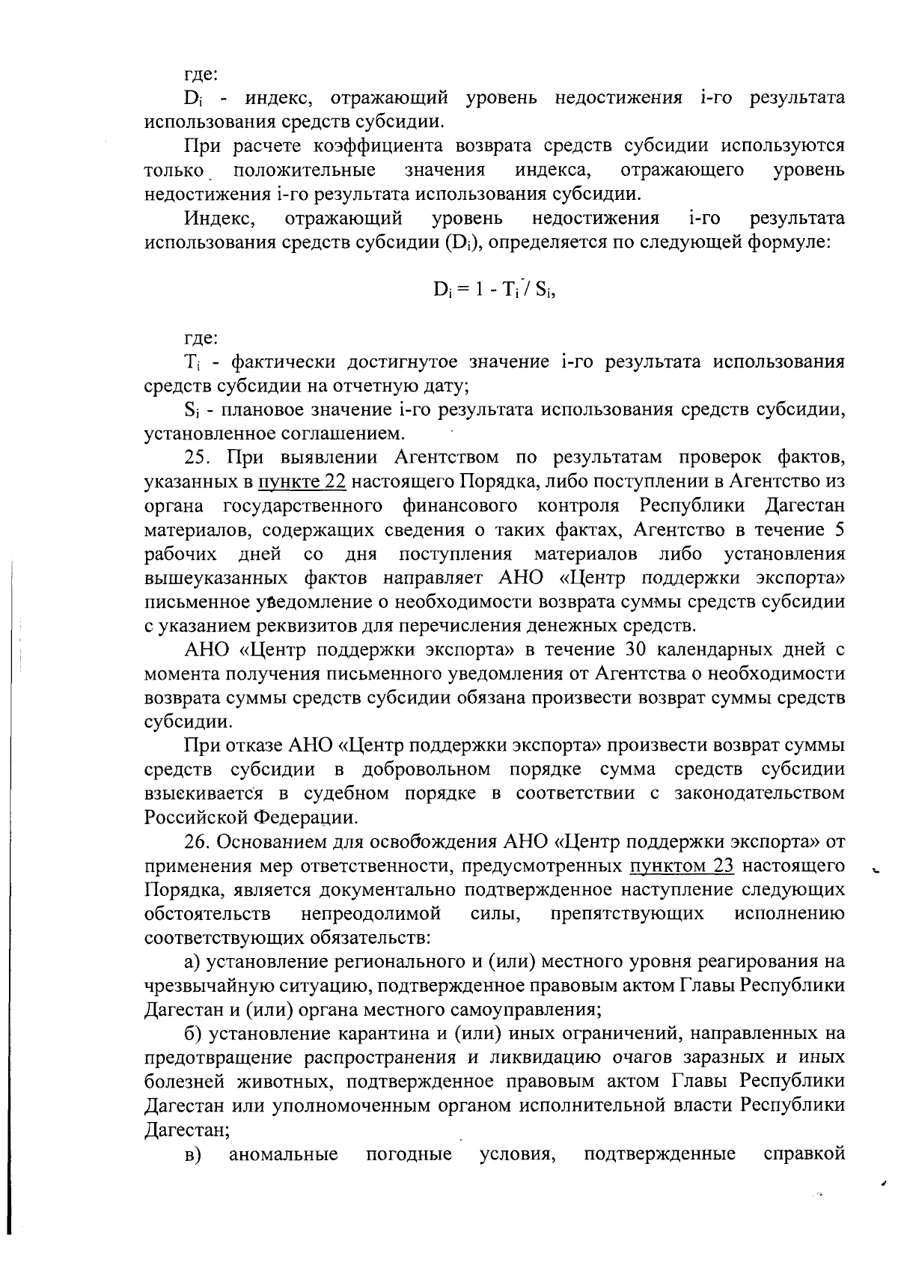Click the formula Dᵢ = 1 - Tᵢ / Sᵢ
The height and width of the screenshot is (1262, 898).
pyautogui.click(x=493, y=290)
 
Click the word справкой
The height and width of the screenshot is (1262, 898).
pyautogui.click(x=804, y=1154)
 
